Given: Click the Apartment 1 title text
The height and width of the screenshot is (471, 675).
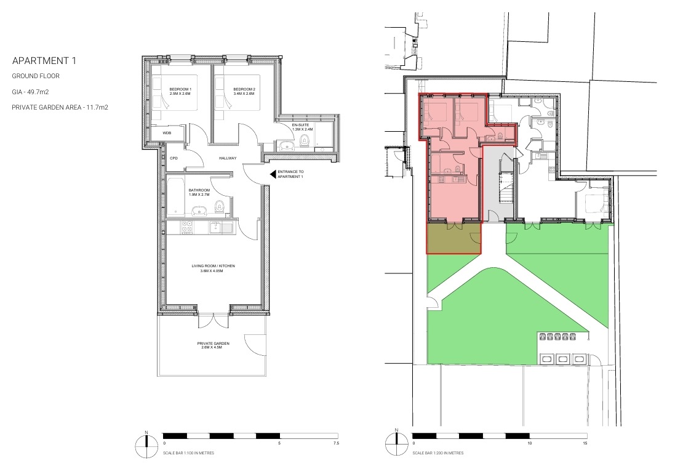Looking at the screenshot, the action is click(44, 61).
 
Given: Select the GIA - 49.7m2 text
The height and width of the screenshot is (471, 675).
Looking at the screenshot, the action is click(30, 92).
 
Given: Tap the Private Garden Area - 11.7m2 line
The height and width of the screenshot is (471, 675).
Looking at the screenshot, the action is click(60, 107).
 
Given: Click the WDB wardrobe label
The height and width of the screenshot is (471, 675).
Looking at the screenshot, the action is click(167, 133).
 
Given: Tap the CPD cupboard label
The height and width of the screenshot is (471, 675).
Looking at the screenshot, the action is click(174, 158).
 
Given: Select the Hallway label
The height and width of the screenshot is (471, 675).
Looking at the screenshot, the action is click(228, 158).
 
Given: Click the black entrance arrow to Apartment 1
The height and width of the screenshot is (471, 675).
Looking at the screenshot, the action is click(273, 174).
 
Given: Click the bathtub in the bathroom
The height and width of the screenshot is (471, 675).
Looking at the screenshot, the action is click(175, 196).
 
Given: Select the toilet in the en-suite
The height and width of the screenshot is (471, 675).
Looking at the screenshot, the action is click(305, 140).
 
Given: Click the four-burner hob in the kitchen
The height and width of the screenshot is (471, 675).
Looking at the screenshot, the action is click(187, 227).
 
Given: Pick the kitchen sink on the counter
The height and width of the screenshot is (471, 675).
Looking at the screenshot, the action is click(220, 227).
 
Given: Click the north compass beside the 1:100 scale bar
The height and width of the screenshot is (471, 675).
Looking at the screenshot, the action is click(146, 446).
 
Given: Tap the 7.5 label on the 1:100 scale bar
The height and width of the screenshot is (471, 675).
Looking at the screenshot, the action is click(336, 443).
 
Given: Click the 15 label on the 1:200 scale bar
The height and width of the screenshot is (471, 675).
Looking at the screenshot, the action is click(585, 443).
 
